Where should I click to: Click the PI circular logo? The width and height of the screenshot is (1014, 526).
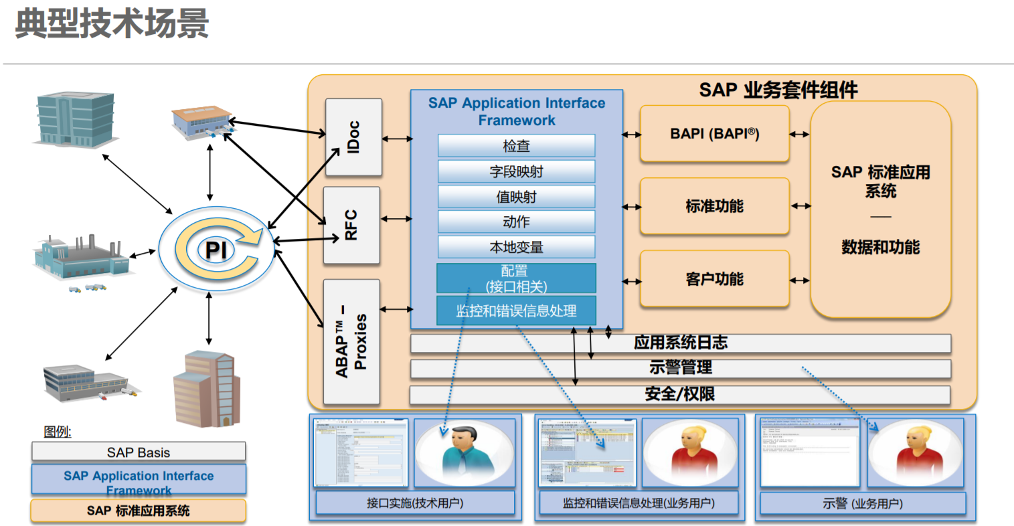(216, 250)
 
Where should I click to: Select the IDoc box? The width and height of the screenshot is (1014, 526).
(353, 137)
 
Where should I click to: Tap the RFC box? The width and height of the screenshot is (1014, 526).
(351, 225)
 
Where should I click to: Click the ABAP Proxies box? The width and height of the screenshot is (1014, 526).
(351, 341)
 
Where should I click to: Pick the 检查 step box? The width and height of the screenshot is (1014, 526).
(516, 146)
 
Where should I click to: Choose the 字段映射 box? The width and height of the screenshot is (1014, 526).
(516, 171)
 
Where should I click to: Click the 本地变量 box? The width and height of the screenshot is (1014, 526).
(516, 247)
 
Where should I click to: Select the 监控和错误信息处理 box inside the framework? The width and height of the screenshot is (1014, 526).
(516, 311)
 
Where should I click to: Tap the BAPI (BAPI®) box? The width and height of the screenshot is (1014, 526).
(714, 134)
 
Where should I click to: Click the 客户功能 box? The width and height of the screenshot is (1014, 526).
(714, 279)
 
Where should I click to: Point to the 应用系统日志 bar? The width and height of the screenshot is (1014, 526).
(680, 343)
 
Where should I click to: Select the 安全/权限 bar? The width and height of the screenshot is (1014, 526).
(680, 394)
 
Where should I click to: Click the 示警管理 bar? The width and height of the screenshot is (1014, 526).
(680, 368)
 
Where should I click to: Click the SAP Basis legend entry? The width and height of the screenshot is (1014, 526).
(139, 452)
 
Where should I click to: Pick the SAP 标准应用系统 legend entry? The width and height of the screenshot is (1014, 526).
(139, 511)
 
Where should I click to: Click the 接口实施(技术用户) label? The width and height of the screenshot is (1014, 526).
(415, 503)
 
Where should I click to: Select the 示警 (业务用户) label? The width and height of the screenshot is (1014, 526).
(863, 504)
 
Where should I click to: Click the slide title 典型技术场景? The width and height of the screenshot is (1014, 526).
(112, 23)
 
